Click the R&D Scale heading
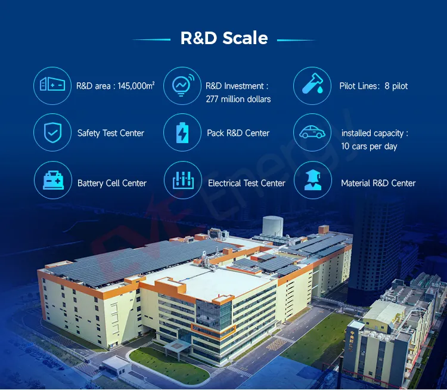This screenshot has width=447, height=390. point(224,38)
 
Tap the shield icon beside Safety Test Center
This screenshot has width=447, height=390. point(52,132)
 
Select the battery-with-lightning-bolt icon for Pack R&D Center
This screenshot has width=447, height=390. point(182,132)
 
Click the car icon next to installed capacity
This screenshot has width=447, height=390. point(312,132)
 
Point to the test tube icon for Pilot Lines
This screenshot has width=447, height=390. point(312,84)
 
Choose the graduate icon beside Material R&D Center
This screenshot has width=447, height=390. point(313,180)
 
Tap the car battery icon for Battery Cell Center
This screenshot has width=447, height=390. point(53,180)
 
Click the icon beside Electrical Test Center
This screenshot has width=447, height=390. point(183,180)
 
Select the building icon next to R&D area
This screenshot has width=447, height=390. point(52,84)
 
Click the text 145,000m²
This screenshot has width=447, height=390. point(136,86)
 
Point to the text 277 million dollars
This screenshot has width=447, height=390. point(238,99)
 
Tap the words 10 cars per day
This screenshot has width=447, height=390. point(369,146)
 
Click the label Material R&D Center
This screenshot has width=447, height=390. point(378,183)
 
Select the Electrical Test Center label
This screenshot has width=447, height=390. point(247,183)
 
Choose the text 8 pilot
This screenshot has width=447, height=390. point(396,86)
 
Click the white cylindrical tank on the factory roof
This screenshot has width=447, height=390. point(273,225)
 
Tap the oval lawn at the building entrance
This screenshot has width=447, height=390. point(169,366)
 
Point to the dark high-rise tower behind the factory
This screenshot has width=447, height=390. point(376,245)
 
